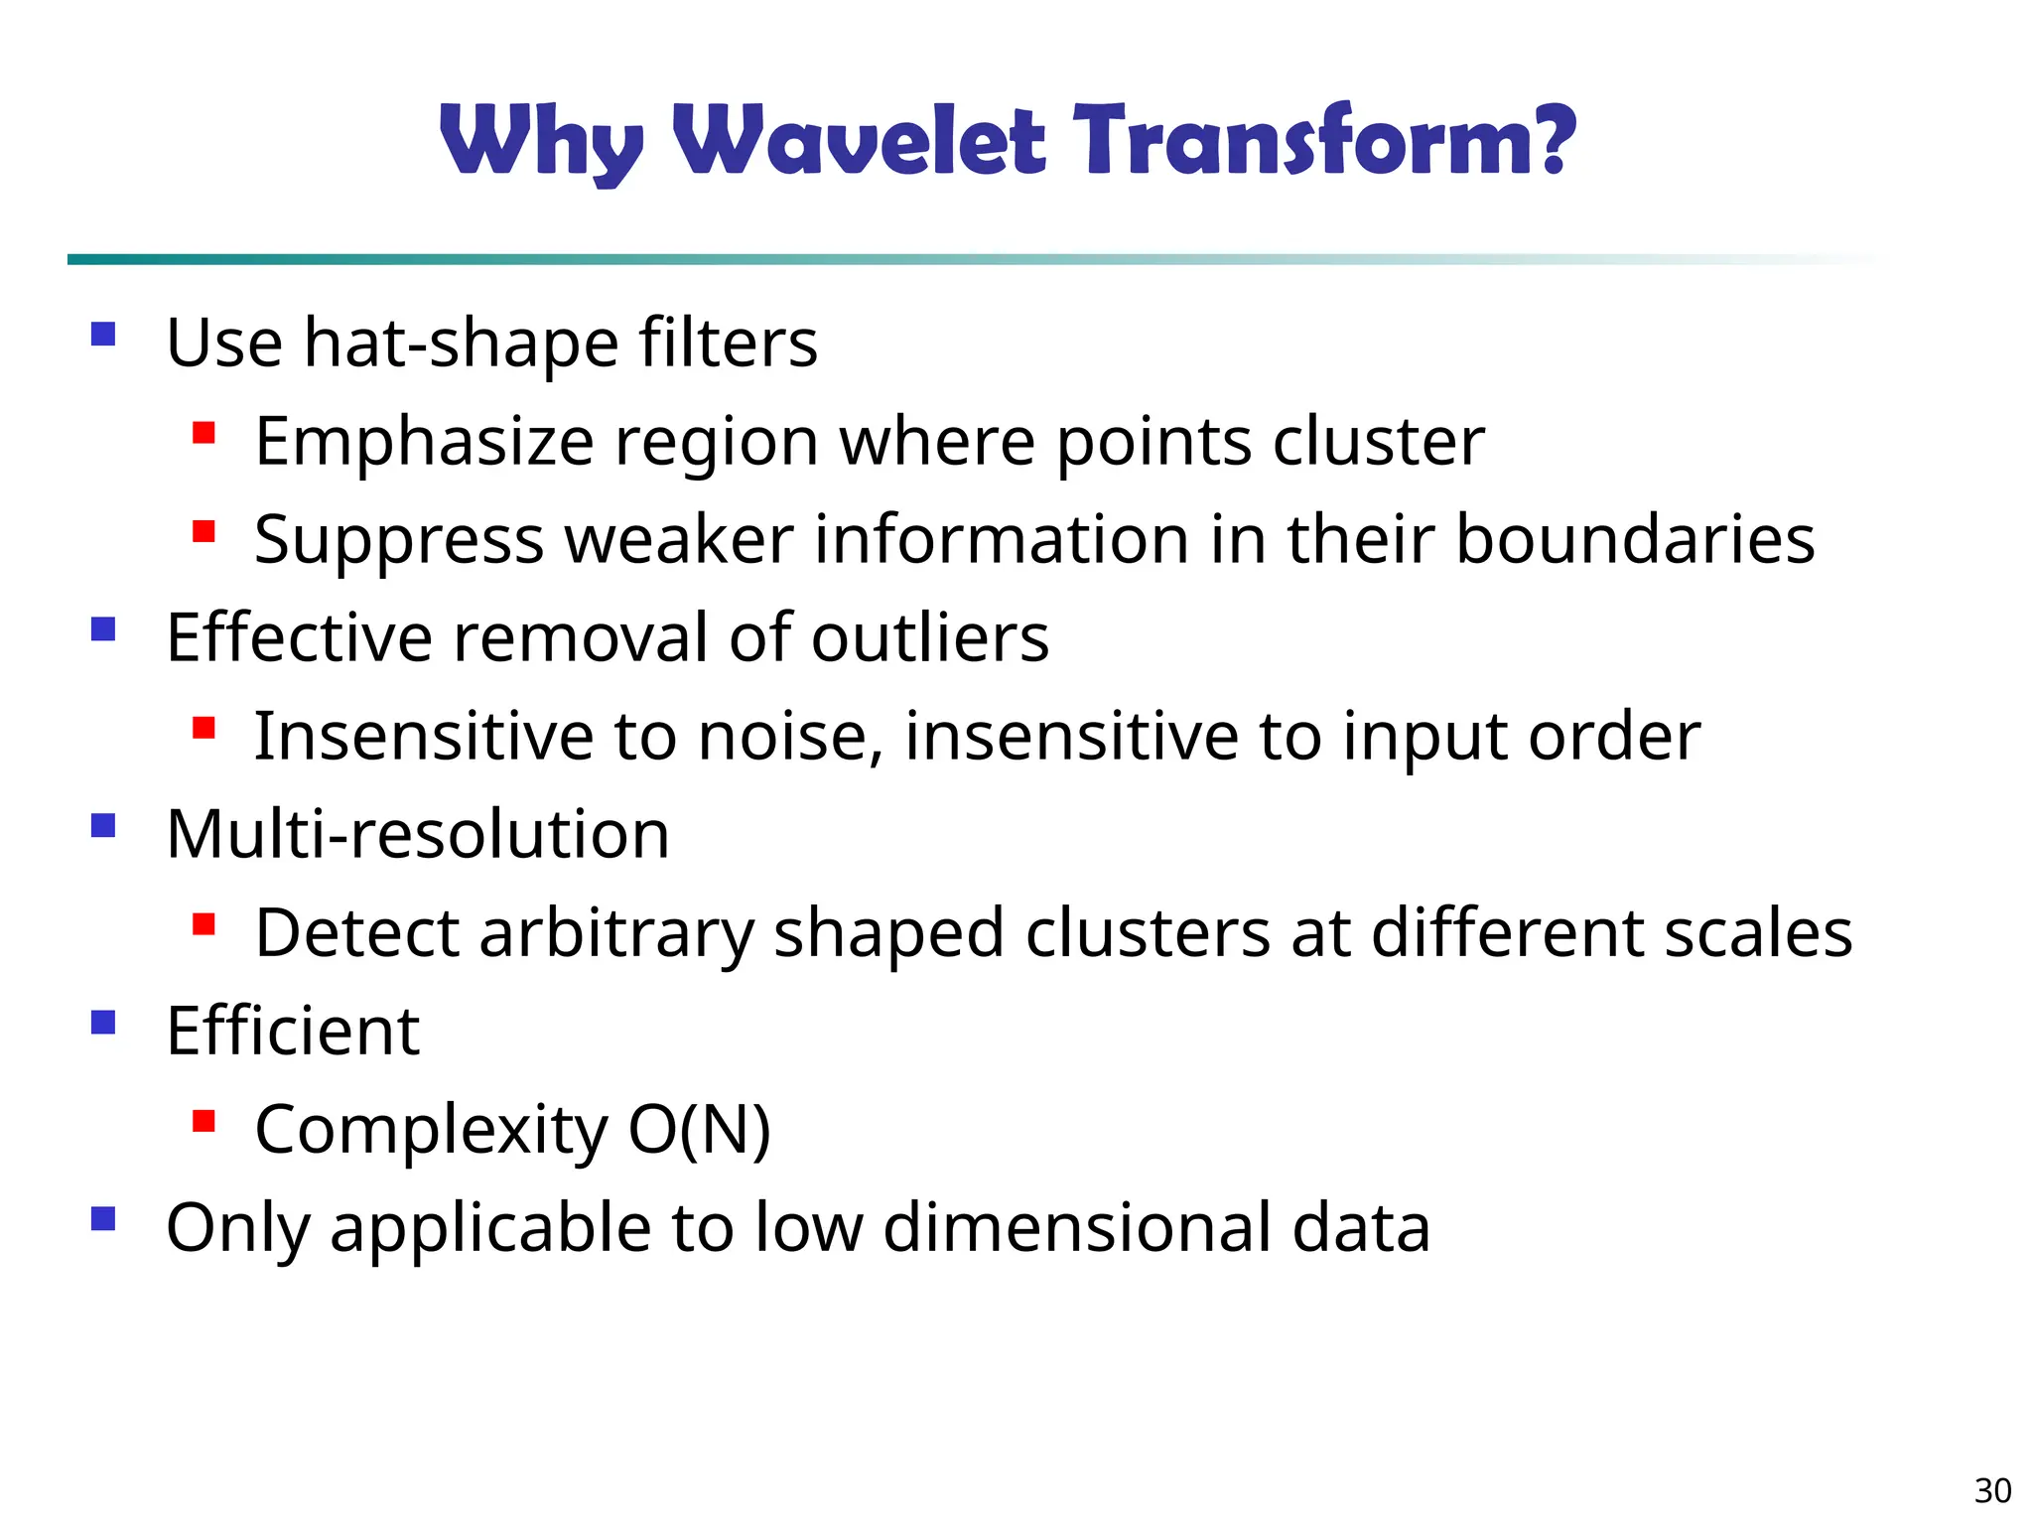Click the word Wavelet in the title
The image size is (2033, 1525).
(860, 141)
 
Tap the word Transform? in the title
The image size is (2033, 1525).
(1323, 141)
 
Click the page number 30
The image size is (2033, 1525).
(1992, 1490)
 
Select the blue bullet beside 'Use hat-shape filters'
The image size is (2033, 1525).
(103, 334)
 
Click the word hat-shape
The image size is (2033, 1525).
(461, 344)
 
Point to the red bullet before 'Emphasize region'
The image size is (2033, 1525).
(204, 433)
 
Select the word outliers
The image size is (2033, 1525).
(930, 637)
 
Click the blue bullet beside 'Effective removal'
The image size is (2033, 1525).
(103, 629)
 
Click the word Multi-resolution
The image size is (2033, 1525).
(418, 834)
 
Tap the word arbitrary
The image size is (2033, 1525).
(615, 934)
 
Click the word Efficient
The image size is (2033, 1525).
(293, 1031)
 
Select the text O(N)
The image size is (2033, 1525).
(700, 1130)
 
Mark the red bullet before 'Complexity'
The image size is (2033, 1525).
(204, 1122)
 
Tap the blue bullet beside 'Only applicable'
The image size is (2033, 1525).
(103, 1218)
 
